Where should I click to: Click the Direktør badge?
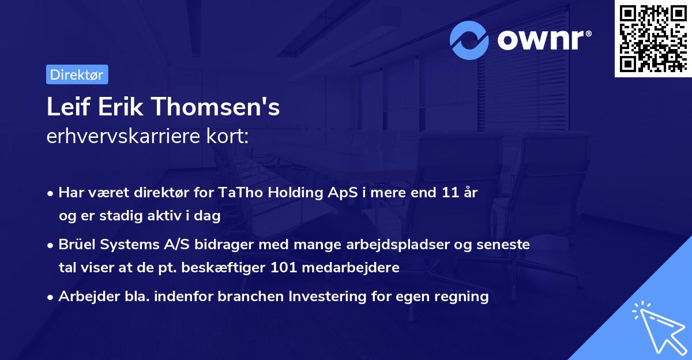[x=77, y=74]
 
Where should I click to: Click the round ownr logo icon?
[x=469, y=40]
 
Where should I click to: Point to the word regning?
[x=464, y=297]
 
